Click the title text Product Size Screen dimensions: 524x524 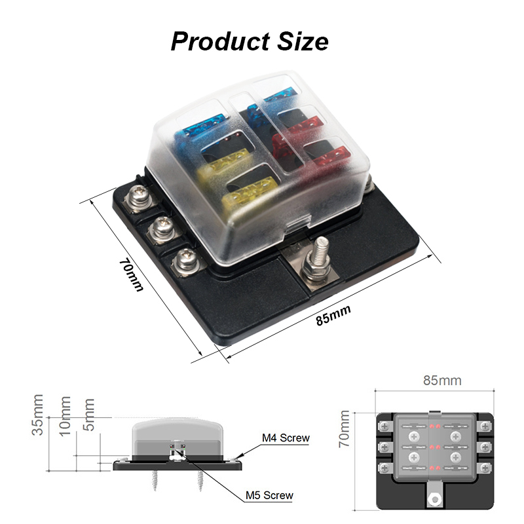click(x=250, y=41)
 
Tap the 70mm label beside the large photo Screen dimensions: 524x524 click(x=131, y=274)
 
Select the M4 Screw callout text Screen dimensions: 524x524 click(x=286, y=438)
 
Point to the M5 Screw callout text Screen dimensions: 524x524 click(x=269, y=495)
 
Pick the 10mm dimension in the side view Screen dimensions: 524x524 click(x=65, y=415)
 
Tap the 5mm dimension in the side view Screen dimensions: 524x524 click(x=89, y=414)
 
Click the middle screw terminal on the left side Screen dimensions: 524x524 click(x=160, y=229)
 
